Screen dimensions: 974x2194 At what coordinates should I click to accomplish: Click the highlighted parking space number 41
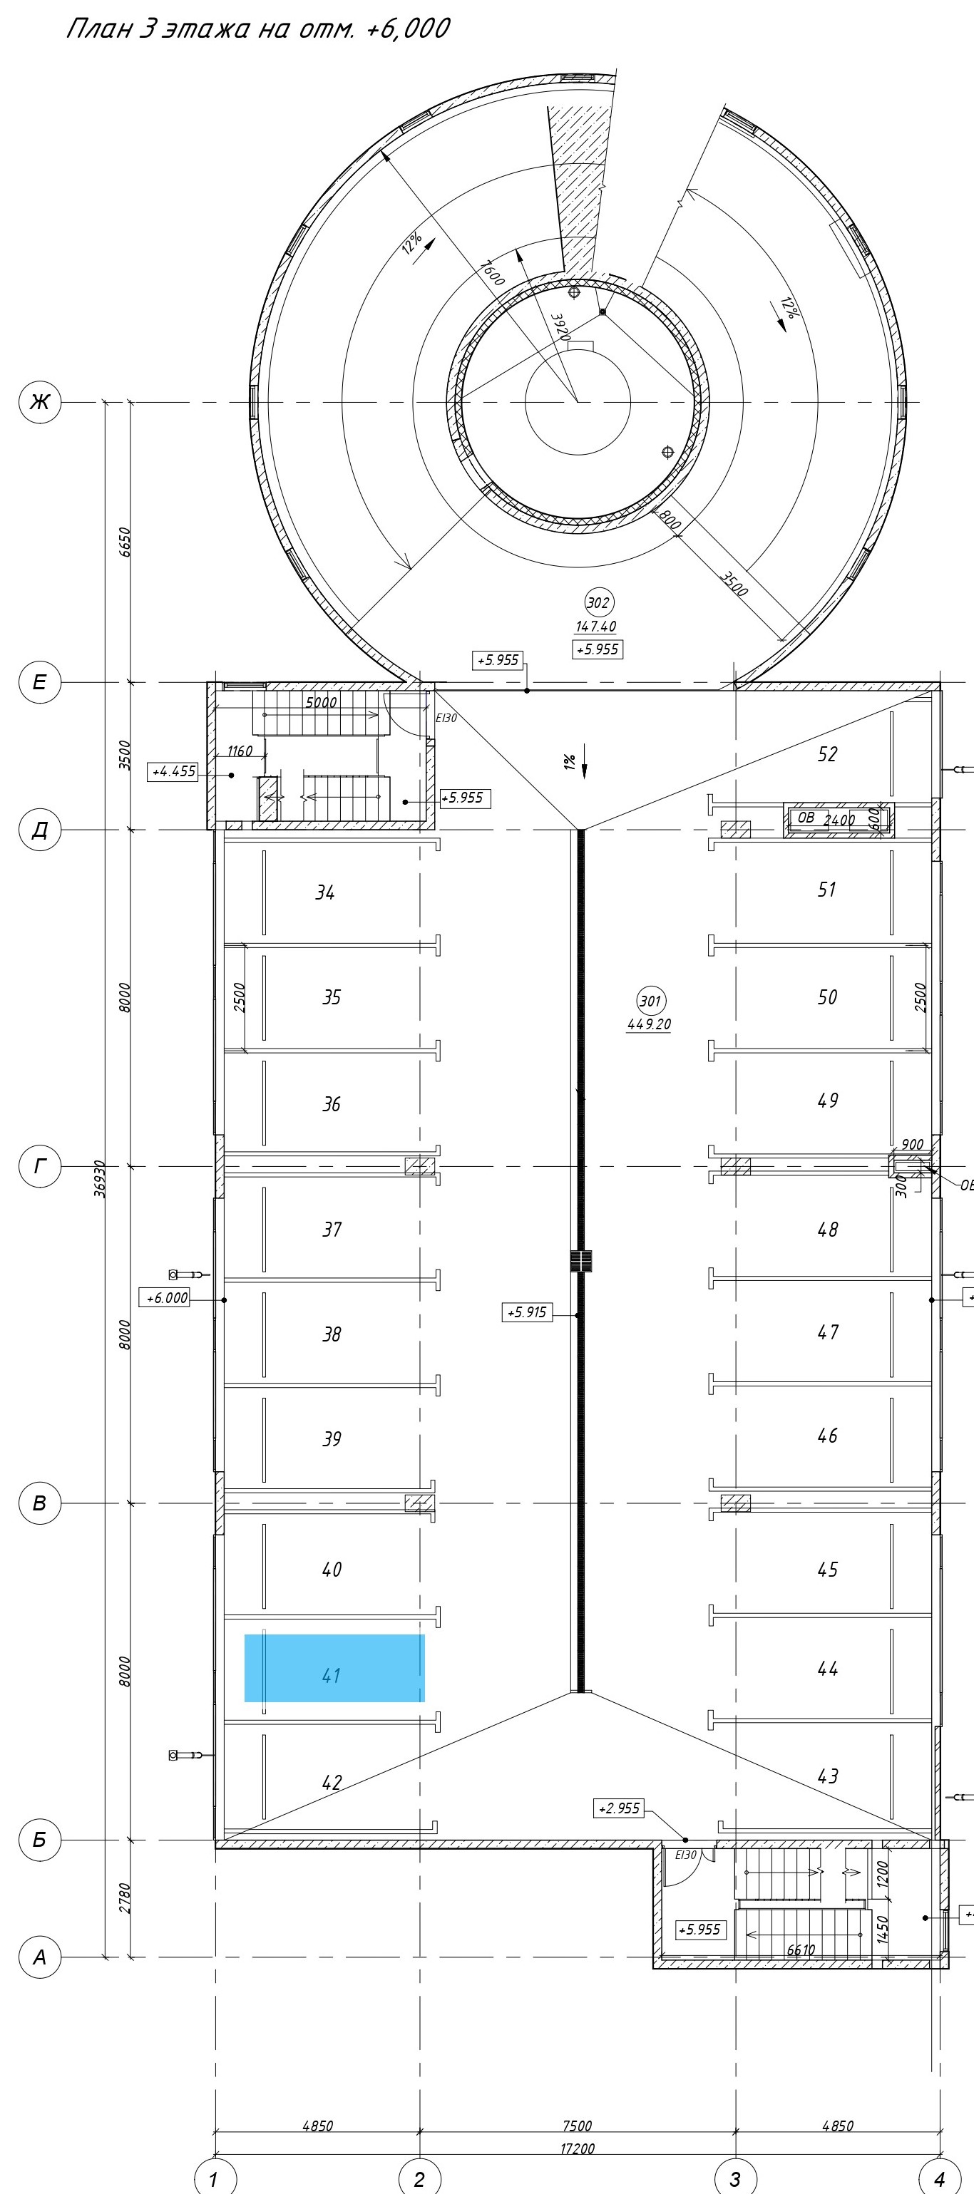coord(332,1677)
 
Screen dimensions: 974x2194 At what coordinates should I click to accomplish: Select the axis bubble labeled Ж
coord(40,402)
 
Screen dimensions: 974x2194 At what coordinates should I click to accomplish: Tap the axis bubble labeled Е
coord(40,682)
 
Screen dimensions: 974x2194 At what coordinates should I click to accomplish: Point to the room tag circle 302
coord(599,603)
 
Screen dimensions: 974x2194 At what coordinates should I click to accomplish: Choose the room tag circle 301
coord(651,1001)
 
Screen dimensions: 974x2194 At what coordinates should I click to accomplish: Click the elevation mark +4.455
coord(174,772)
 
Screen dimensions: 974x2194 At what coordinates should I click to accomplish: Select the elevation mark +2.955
coord(619,1808)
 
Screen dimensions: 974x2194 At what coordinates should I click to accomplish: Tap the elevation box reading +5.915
coord(527,1312)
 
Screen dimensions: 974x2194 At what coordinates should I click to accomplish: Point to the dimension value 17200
coord(577,2149)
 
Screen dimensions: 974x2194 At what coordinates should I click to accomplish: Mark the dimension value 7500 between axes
coord(577,2126)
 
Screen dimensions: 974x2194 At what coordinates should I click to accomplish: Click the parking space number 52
coord(826,753)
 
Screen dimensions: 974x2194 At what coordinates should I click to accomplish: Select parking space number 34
coord(324,892)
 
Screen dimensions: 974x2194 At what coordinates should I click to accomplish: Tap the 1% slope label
coord(569,761)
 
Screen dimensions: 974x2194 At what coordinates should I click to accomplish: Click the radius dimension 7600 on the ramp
coord(493,272)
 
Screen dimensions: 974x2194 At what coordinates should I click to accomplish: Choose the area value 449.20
coord(650,1024)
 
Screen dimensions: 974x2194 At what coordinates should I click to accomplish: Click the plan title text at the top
coord(257,29)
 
